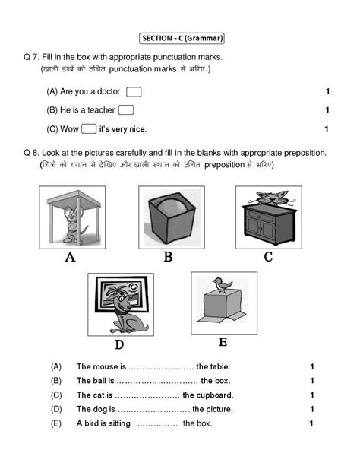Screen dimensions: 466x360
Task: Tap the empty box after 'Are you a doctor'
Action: (134, 92)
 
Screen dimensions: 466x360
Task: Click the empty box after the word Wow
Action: (88, 128)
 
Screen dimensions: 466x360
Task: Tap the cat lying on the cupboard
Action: (268, 199)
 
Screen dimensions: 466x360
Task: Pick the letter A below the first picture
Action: (70, 257)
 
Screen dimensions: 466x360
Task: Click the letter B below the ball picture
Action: (169, 257)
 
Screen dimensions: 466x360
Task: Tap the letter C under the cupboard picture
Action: (268, 257)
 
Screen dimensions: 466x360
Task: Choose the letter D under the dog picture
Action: (119, 344)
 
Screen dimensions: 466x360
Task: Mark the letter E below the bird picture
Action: (223, 342)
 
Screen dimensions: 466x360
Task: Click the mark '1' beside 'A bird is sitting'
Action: (311, 423)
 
